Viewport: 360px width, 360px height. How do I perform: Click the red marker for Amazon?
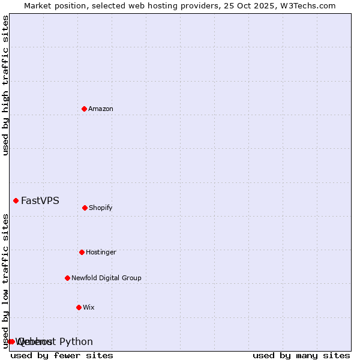tap(84, 109)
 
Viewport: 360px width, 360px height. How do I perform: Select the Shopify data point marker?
tap(85, 208)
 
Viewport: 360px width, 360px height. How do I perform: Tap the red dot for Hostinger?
tap(82, 252)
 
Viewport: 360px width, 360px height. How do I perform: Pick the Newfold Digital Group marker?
tap(67, 278)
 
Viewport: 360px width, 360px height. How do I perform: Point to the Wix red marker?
tap(79, 307)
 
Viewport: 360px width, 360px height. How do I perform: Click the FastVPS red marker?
tap(16, 200)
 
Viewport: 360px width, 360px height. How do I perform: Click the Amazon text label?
tap(101, 109)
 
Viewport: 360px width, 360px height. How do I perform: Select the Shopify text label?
tap(101, 208)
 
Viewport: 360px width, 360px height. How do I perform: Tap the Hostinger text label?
tap(101, 252)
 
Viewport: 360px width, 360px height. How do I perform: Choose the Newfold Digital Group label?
tap(106, 278)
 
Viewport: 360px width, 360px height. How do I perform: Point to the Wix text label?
tap(89, 307)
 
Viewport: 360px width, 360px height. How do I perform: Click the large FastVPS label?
tap(40, 200)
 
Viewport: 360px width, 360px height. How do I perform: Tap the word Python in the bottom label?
tap(76, 341)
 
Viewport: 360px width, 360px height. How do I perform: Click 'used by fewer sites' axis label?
tap(62, 355)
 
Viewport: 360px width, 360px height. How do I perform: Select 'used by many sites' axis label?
tap(301, 355)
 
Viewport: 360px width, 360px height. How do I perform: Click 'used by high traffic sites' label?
tap(6, 85)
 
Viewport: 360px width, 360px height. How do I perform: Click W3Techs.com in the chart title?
tap(305, 5)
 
